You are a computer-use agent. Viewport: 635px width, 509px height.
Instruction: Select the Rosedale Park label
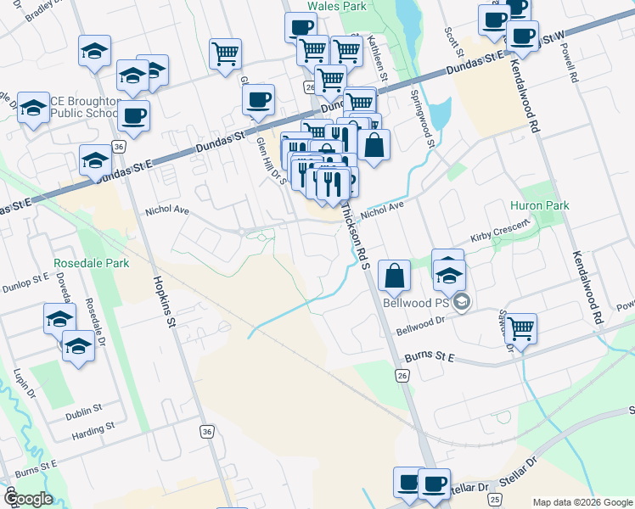[91, 263]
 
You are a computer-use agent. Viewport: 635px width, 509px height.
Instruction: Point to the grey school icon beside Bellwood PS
[462, 302]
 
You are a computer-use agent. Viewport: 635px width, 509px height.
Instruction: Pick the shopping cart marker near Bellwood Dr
[520, 327]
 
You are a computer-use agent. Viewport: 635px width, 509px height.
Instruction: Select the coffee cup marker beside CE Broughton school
[132, 115]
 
